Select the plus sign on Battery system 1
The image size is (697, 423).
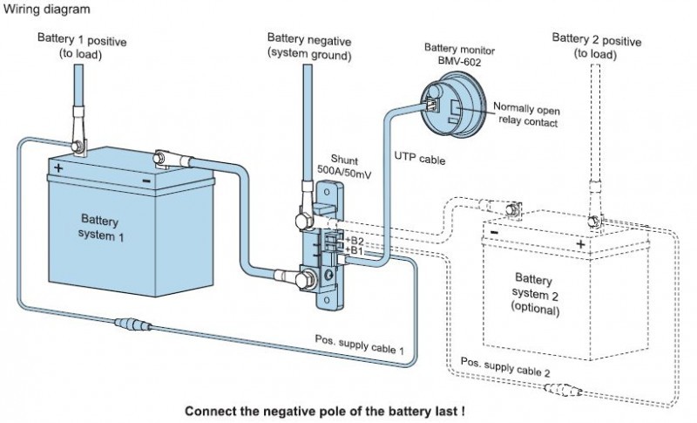pyautogui.click(x=58, y=167)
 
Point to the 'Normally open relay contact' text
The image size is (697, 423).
pyautogui.click(x=525, y=114)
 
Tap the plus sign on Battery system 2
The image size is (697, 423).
pyautogui.click(x=580, y=244)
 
